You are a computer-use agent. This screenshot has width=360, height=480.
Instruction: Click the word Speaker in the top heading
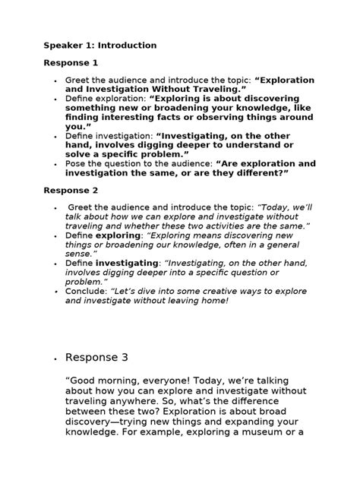tap(63, 46)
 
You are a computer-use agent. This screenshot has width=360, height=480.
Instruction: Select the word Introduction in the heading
tap(125, 46)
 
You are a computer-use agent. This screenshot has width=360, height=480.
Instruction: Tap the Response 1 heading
tap(71, 62)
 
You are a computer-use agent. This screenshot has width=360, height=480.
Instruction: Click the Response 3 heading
tap(102, 357)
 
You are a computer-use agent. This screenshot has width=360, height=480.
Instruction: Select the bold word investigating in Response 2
tap(126, 262)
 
